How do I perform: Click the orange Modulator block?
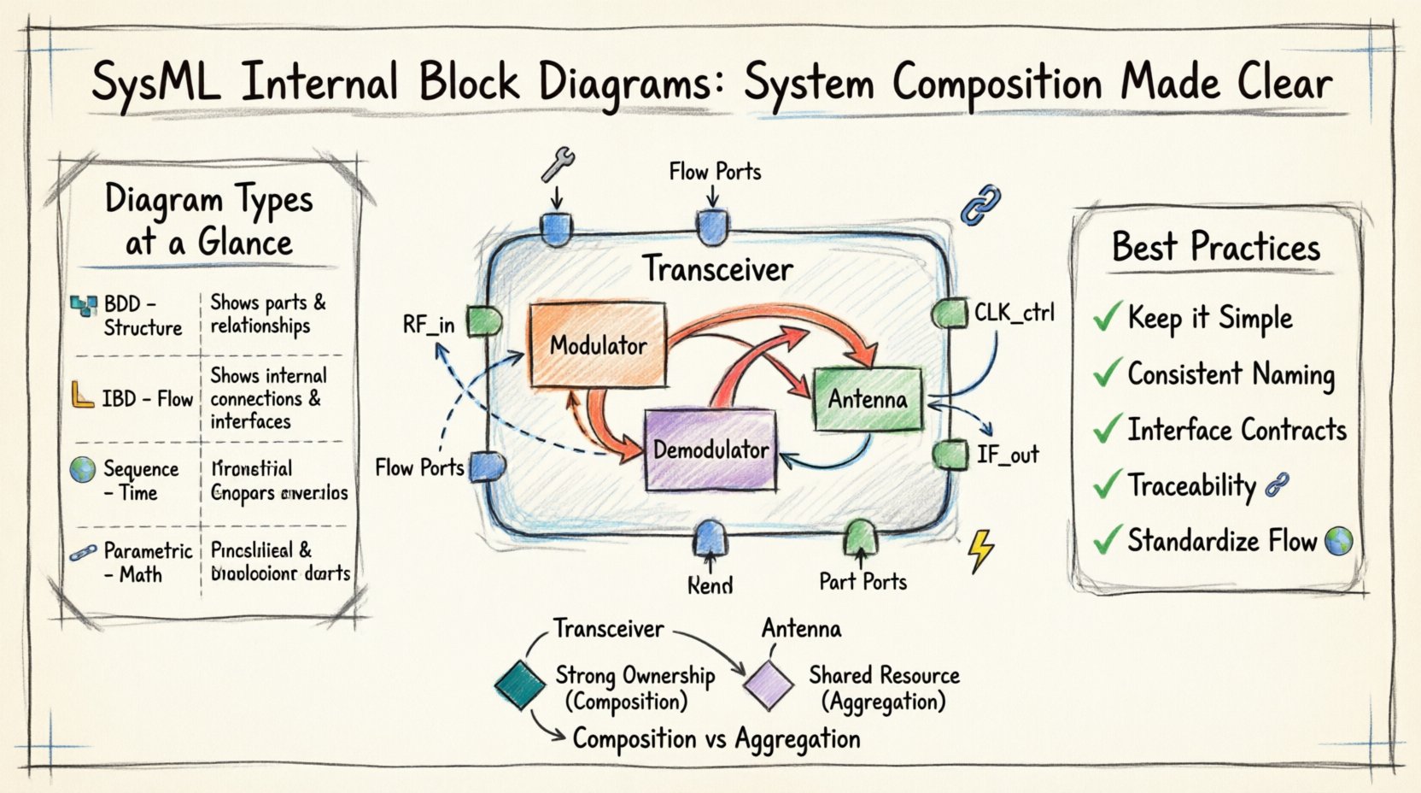(x=597, y=346)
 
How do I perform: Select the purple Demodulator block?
(x=710, y=449)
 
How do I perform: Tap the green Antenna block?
(x=868, y=399)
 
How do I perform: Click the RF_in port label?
(x=428, y=325)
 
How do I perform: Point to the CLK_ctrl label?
(x=1014, y=313)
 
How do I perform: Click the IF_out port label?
(x=1008, y=455)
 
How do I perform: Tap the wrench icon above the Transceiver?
(x=558, y=164)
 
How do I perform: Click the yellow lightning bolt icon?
(x=981, y=550)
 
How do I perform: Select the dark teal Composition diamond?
(x=520, y=684)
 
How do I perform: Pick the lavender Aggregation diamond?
(x=769, y=684)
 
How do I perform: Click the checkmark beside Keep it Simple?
(x=1107, y=318)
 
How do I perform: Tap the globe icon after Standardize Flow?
(x=1338, y=540)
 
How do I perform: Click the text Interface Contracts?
(x=1236, y=430)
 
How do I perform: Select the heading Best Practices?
(x=1215, y=248)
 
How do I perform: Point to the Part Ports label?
(x=863, y=582)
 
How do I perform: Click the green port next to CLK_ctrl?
(x=949, y=314)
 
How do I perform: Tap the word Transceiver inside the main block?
(x=717, y=269)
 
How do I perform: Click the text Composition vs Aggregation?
(x=716, y=739)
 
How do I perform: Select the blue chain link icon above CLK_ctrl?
(x=980, y=206)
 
